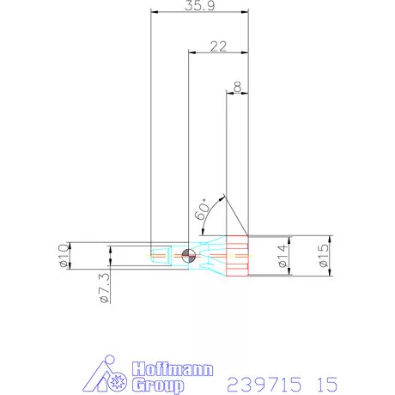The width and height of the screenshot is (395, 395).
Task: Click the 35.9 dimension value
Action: click(x=198, y=6)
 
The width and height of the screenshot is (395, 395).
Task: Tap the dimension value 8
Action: click(x=236, y=87)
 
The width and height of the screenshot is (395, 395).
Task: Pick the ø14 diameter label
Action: click(x=283, y=256)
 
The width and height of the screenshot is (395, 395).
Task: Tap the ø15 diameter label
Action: click(x=322, y=256)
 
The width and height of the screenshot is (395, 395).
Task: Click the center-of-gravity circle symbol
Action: click(x=189, y=255)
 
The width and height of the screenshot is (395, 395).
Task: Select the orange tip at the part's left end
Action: click(x=158, y=255)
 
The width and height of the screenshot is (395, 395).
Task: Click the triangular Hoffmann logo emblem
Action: click(x=109, y=375)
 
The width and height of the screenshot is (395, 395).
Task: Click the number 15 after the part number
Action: click(x=325, y=381)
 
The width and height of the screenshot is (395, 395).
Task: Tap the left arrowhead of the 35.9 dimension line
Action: click(x=155, y=13)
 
